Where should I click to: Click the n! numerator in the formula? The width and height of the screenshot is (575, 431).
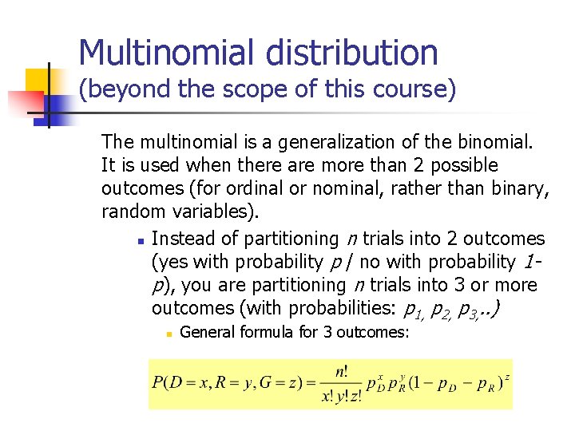(x=342, y=371)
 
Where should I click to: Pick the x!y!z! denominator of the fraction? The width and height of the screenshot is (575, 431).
(x=342, y=397)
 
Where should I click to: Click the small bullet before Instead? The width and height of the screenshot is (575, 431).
(x=139, y=239)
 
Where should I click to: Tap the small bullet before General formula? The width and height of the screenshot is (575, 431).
(x=169, y=333)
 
